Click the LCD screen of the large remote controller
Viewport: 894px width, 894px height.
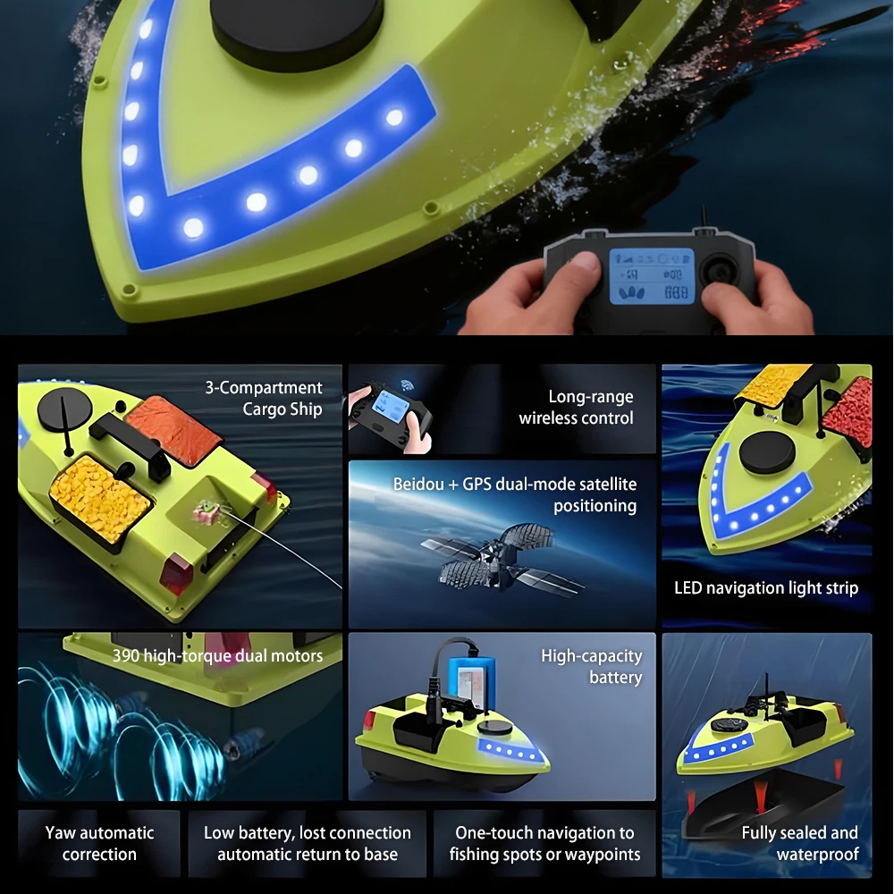(x=652, y=276)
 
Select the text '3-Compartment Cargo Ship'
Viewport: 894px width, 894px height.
(x=264, y=398)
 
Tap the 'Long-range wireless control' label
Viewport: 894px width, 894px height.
(x=576, y=407)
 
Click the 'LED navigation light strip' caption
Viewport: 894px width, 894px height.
(x=766, y=588)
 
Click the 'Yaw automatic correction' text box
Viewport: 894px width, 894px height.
(x=99, y=843)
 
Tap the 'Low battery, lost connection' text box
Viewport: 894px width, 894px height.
(x=308, y=843)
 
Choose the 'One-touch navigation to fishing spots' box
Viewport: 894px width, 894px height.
(x=544, y=843)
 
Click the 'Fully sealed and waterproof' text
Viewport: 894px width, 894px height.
(x=800, y=843)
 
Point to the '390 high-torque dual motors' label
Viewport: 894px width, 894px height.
(x=217, y=655)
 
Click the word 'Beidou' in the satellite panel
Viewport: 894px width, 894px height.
(x=418, y=484)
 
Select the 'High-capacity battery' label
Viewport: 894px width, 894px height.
(x=591, y=666)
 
